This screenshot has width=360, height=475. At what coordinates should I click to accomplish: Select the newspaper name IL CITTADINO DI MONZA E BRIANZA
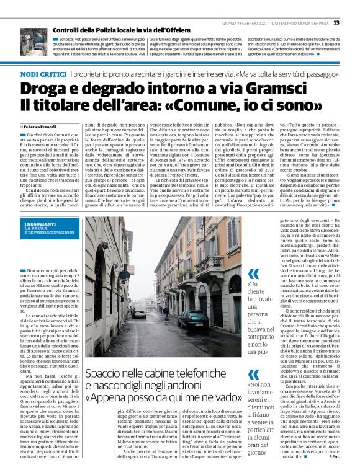coord(292,22)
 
